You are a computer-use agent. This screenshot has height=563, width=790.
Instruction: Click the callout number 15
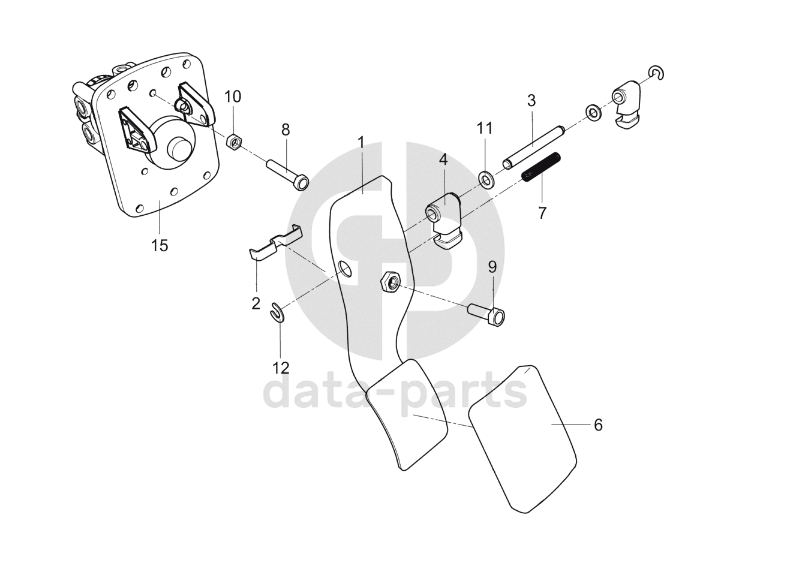160,245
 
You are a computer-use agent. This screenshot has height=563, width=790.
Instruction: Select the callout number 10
233,97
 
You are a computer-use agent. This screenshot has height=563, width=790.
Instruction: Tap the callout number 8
285,129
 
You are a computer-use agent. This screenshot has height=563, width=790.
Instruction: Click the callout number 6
597,425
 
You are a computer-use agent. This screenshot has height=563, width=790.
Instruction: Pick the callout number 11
485,128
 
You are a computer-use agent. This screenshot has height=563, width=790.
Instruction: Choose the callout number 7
542,212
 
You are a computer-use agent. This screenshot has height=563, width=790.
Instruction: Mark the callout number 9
492,266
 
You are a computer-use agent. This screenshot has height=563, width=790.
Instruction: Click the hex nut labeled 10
235,141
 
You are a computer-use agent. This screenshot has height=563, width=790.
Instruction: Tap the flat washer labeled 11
485,178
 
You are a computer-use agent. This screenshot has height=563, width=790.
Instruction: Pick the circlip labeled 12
278,312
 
